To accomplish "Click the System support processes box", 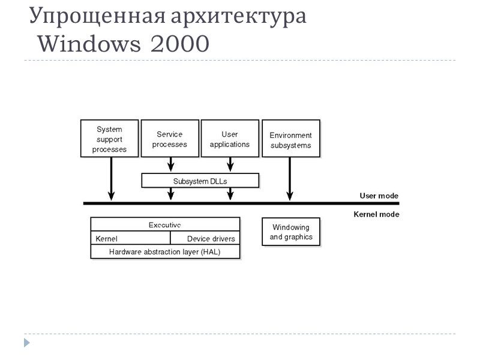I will (x=109, y=139).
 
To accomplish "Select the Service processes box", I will (x=170, y=139).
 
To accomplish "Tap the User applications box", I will (x=229, y=139).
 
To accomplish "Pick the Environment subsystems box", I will (x=290, y=139).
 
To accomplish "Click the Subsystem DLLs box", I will (x=200, y=180).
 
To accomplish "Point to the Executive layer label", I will (x=165, y=224).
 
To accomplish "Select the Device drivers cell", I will (x=210, y=239).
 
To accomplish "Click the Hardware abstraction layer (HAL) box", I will (x=165, y=252).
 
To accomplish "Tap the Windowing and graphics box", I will (x=291, y=232).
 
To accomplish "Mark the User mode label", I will (x=379, y=196).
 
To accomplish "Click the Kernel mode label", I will (x=376, y=214).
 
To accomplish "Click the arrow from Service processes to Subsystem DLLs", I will (x=171, y=164).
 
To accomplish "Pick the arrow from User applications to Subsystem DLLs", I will (x=230, y=164).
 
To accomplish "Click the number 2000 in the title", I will (x=180, y=44).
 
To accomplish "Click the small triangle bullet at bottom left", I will (x=26, y=343).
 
